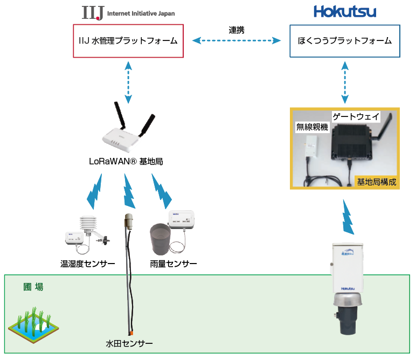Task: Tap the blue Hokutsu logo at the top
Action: [x=345, y=12]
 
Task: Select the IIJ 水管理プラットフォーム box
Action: [x=128, y=40]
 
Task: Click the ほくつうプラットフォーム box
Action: [x=345, y=40]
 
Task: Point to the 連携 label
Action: [x=236, y=30]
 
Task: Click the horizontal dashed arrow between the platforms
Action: [x=237, y=40]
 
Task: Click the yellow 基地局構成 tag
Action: [x=377, y=182]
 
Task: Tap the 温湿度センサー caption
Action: [x=87, y=264]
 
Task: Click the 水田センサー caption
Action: [x=129, y=343]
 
